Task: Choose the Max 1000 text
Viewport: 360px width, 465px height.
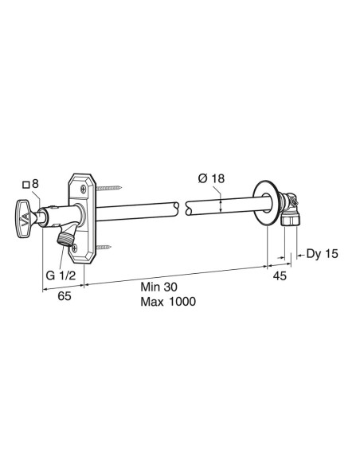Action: pos(167,303)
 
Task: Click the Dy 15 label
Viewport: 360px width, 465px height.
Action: pos(322,254)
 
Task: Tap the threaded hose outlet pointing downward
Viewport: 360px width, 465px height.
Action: pos(65,236)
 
